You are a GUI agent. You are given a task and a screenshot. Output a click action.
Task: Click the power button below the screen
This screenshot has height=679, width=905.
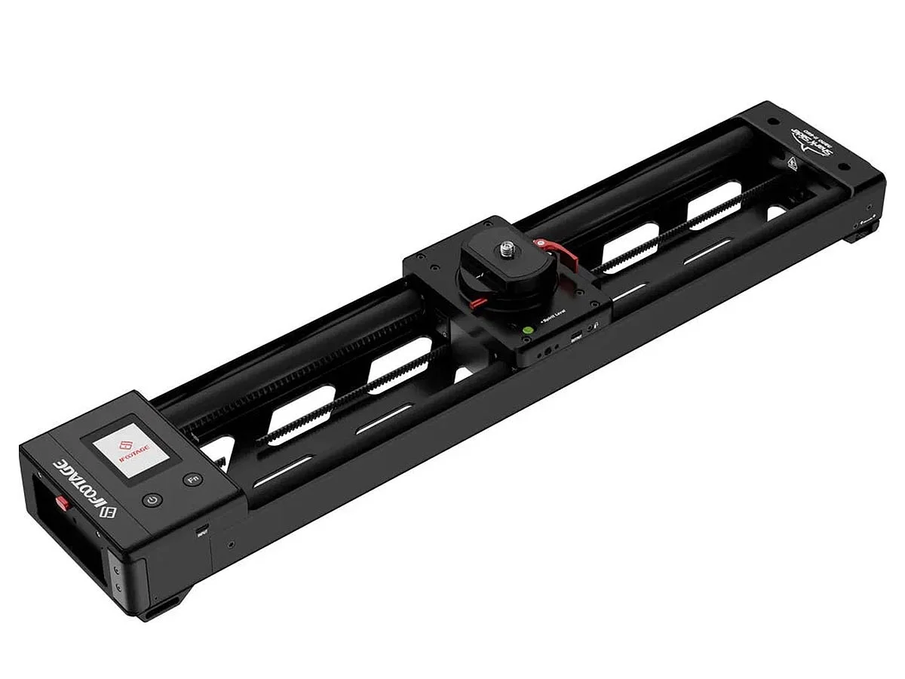(152, 500)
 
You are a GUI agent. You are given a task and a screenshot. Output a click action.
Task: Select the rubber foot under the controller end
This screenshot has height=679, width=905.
(162, 607)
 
